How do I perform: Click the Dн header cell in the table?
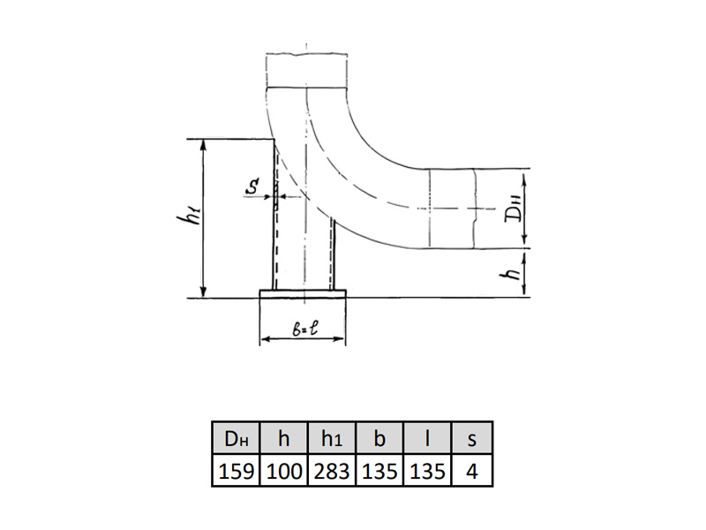236,437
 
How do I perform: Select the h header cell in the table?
283,437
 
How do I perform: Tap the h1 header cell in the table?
332,437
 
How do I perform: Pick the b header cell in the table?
379,437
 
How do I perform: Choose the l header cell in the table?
427,437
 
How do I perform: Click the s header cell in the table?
471,437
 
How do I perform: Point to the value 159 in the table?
236,472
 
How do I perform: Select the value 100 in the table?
283,472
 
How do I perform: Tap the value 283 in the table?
332,472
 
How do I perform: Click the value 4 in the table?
471,472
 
